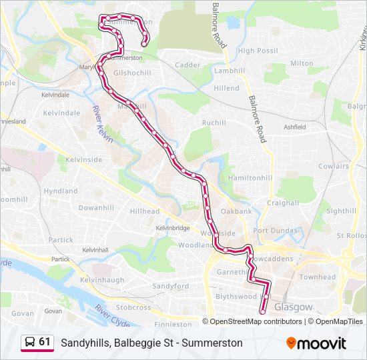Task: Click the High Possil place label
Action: click(x=258, y=51)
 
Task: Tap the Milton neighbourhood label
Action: click(x=302, y=63)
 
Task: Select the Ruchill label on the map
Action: click(x=214, y=123)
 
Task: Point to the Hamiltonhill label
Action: click(x=250, y=179)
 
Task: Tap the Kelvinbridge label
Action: click(x=173, y=228)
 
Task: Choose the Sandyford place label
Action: click(x=171, y=285)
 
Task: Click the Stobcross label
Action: click(x=133, y=308)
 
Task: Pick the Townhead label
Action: click(x=318, y=277)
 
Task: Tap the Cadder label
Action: click(x=188, y=65)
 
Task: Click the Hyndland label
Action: click(x=61, y=191)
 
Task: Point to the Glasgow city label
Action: click(x=293, y=307)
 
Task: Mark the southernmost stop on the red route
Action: click(x=262, y=311)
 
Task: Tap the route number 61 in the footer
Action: click(x=45, y=342)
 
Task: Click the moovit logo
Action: click(x=316, y=343)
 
